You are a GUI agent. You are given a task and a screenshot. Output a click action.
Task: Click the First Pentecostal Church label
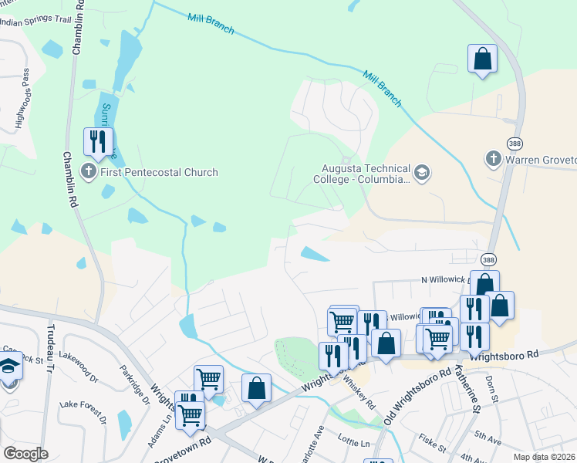click(x=160, y=173)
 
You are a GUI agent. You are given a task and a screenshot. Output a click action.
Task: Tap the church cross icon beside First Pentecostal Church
click(x=89, y=172)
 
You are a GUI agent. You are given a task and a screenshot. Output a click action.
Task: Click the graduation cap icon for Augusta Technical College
click(x=421, y=172)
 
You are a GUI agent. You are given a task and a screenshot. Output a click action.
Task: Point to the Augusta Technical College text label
click(x=366, y=174)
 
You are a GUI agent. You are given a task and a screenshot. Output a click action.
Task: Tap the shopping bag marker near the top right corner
click(x=482, y=59)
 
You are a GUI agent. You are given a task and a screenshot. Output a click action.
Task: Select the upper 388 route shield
click(x=515, y=144)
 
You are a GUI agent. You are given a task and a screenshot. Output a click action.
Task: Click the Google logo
click(x=25, y=454)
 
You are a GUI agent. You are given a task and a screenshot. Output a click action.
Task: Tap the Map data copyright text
click(x=544, y=457)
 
